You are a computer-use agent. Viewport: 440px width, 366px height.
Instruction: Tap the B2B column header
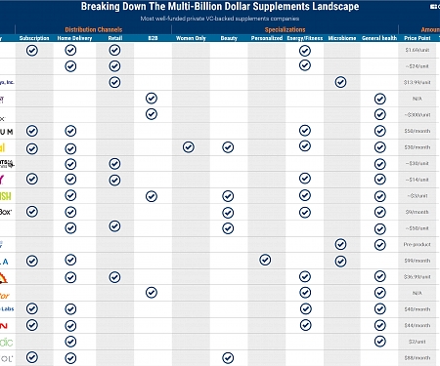click(x=151, y=39)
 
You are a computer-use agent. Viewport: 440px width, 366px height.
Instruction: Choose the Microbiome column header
click(x=341, y=39)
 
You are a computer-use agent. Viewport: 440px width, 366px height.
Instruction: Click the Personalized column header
click(x=266, y=39)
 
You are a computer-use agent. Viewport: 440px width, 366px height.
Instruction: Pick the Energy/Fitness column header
click(x=305, y=39)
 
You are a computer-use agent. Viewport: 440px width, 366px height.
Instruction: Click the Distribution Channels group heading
click(x=93, y=30)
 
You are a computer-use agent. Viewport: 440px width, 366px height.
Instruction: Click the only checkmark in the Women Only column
click(x=189, y=147)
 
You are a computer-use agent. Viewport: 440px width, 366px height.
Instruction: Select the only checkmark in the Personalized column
click(x=265, y=260)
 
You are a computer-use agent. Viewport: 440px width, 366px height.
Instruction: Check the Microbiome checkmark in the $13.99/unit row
click(x=340, y=83)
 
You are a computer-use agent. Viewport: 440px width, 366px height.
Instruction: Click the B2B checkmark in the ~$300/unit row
click(x=151, y=115)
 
